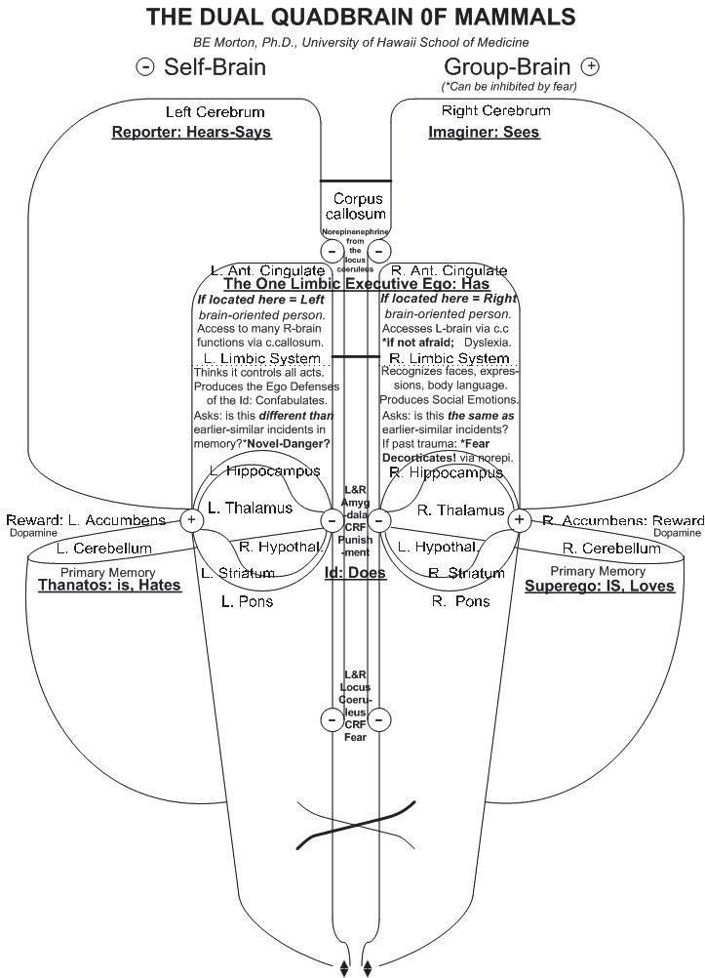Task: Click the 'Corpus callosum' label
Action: coord(356,206)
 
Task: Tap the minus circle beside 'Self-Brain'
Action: coord(145,66)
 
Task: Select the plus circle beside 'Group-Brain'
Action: coord(590,66)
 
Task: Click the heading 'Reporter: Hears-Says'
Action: coord(191,133)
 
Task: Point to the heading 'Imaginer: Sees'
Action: coord(484,133)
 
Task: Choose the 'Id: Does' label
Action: coord(355,572)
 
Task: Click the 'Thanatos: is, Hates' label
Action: coord(109,586)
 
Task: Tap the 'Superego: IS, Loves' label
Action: coord(599,586)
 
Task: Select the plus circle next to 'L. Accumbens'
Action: coord(192,519)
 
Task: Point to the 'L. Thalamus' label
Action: coord(251,508)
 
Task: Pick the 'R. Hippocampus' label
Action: coord(443,472)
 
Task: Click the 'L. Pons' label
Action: coord(248,601)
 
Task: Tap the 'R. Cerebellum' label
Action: coord(611,549)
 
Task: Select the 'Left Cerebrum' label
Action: coord(215,112)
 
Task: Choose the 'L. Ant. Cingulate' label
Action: coord(268,269)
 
